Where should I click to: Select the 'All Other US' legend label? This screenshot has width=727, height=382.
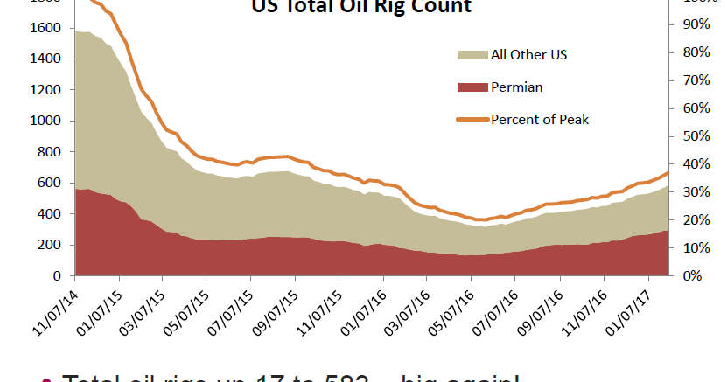tap(529, 55)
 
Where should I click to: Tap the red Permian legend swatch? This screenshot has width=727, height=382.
tap(472, 87)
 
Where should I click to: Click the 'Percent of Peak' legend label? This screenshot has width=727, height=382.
tap(540, 119)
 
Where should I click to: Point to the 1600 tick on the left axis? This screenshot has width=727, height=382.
tap(46, 28)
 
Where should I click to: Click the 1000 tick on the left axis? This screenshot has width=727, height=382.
tap(46, 121)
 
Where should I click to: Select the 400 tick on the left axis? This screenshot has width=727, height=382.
tap(50, 214)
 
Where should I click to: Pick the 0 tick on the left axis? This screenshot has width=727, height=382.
tap(57, 276)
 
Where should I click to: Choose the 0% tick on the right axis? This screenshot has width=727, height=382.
tap(691, 276)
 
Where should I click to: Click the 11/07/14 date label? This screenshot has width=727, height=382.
tap(55, 307)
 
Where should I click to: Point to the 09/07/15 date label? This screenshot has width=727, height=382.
tap(275, 307)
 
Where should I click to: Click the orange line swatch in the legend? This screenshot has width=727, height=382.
tap(472, 119)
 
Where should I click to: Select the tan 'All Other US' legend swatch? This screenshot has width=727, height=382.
tap(472, 55)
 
